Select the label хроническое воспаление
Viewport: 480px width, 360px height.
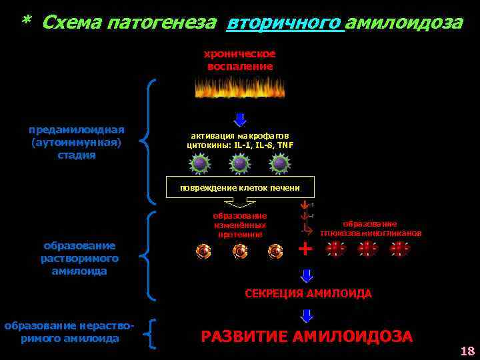(239, 60)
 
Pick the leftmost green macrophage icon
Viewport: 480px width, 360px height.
(199, 163)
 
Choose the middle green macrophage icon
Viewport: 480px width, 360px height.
(240, 163)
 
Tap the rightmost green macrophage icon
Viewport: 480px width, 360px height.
(281, 163)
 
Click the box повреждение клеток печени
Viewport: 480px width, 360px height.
(240, 187)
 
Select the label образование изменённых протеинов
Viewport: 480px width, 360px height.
(240, 225)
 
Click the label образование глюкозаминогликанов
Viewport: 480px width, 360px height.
(370, 229)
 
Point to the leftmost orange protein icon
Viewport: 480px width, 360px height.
(203, 251)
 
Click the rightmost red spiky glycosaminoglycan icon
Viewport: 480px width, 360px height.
(399, 249)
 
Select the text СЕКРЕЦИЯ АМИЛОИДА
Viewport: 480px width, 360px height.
(308, 293)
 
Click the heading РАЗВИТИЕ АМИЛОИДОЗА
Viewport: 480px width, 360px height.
(307, 337)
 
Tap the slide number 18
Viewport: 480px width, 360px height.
(466, 351)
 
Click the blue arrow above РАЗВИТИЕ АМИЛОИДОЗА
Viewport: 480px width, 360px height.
(307, 317)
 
